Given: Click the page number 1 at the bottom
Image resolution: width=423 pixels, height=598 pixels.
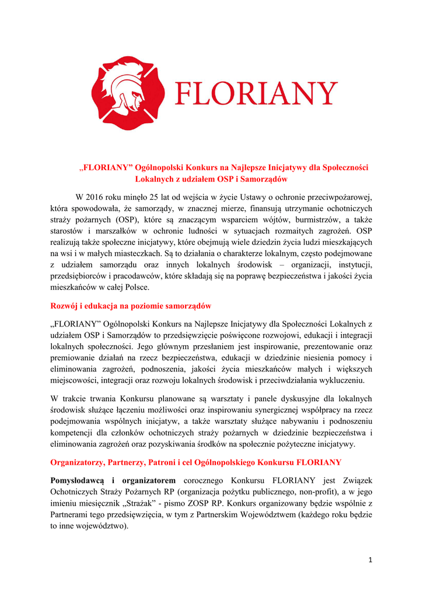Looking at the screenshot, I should coord(370,560).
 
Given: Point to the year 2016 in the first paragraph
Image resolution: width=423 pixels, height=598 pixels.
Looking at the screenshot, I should coord(97,197).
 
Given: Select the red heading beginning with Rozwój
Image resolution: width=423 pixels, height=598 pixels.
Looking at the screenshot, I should coord(131,305).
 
